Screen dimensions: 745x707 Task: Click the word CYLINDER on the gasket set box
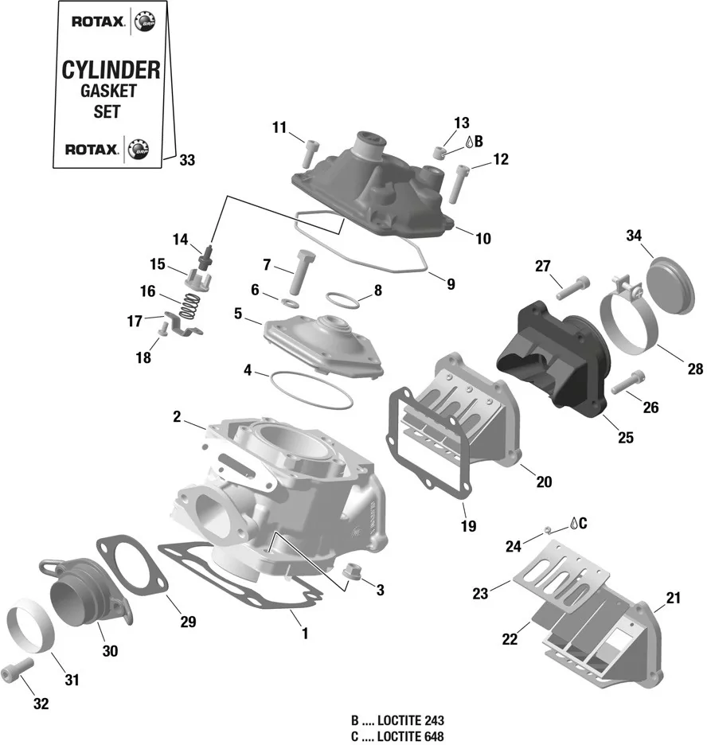111,69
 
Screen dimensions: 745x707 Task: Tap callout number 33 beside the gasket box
186,160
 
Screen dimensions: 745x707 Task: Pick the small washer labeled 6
291,303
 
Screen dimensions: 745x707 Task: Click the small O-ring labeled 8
342,301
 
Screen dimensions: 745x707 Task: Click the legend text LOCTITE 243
411,720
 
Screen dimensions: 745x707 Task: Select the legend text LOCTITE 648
411,736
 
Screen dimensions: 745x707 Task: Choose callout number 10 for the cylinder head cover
483,239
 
